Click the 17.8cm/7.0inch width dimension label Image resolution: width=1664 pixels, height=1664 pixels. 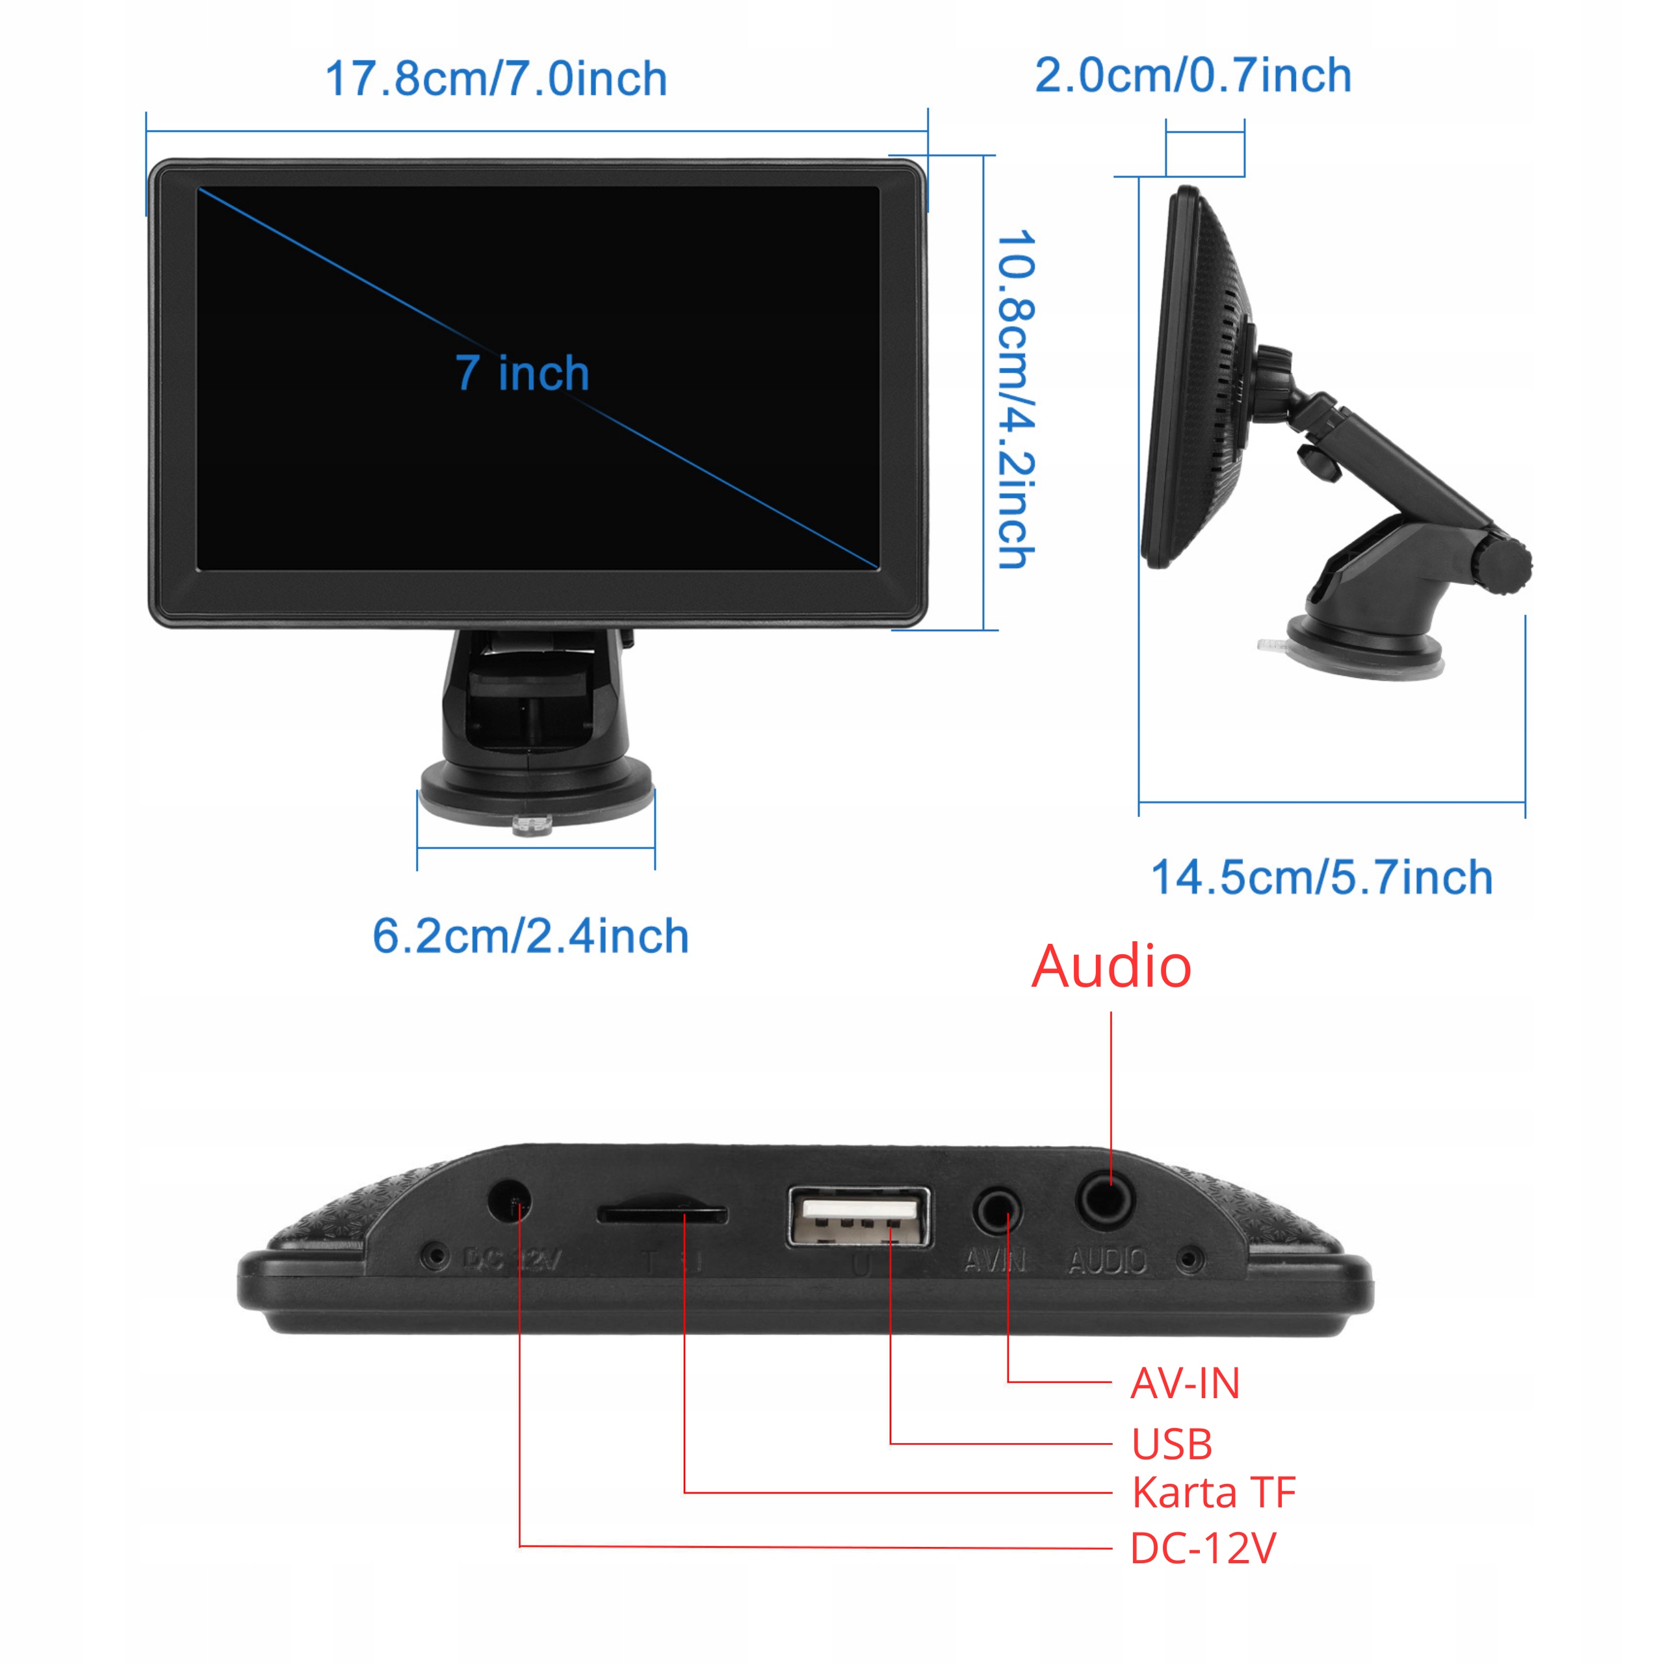point(496,79)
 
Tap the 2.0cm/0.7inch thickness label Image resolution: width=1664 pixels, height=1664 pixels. point(1193,76)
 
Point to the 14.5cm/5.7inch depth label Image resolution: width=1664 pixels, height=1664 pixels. point(1321,879)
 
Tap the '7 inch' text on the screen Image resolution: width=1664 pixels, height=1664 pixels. point(522,373)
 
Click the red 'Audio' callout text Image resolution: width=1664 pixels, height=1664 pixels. point(1111,967)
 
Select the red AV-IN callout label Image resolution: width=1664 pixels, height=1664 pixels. point(1184,1384)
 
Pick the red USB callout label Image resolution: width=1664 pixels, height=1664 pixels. point(1171,1444)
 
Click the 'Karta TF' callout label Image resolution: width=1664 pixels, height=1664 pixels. point(1214,1492)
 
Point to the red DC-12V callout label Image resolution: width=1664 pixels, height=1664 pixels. point(1202,1548)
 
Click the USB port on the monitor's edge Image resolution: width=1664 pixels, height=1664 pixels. point(859,1216)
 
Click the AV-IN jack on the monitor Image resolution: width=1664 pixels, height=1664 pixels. point(997,1211)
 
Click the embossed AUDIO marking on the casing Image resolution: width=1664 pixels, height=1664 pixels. point(1107,1262)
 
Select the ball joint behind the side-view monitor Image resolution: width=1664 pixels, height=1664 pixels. point(1273,379)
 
